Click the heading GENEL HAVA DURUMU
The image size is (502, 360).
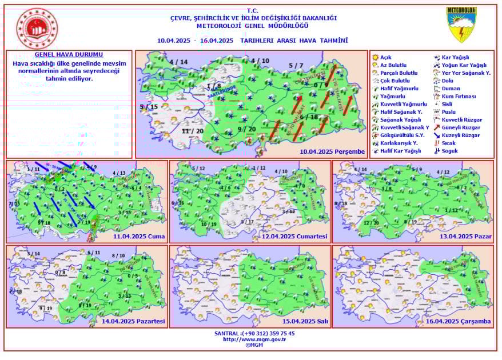tap(69, 55)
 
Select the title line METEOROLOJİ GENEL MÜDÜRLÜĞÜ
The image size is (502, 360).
tap(252, 26)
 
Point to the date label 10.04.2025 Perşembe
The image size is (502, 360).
tap(332, 151)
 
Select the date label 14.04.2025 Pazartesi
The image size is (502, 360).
tap(133, 321)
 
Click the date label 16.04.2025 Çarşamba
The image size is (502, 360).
tap(459, 321)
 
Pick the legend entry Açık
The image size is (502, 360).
tap(386, 58)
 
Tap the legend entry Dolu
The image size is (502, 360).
tap(448, 81)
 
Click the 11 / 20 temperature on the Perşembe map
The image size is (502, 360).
tap(192, 131)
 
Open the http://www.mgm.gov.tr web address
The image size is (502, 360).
tap(254, 339)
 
